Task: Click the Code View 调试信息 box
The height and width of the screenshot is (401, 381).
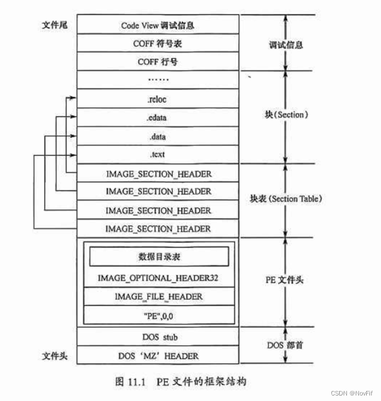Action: [x=158, y=25]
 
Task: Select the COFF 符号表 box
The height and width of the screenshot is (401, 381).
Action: [x=158, y=44]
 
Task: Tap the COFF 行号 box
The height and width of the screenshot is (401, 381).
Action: [x=158, y=62]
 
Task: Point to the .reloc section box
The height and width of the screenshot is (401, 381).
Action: [x=158, y=99]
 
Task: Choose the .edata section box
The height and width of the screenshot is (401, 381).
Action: [x=158, y=118]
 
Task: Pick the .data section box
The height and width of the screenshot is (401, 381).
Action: [x=158, y=137]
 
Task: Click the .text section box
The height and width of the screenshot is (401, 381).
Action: [x=158, y=155]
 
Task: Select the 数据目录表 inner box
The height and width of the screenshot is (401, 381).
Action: [x=158, y=257]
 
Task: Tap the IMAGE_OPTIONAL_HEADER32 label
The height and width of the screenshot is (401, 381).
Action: [x=158, y=278]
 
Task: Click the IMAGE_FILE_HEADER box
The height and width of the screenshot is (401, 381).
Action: [x=158, y=296]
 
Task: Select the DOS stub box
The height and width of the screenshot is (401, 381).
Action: [x=158, y=337]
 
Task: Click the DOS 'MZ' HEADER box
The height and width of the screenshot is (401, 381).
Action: [x=158, y=355]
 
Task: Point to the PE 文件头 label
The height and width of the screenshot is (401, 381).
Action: [x=284, y=280]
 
